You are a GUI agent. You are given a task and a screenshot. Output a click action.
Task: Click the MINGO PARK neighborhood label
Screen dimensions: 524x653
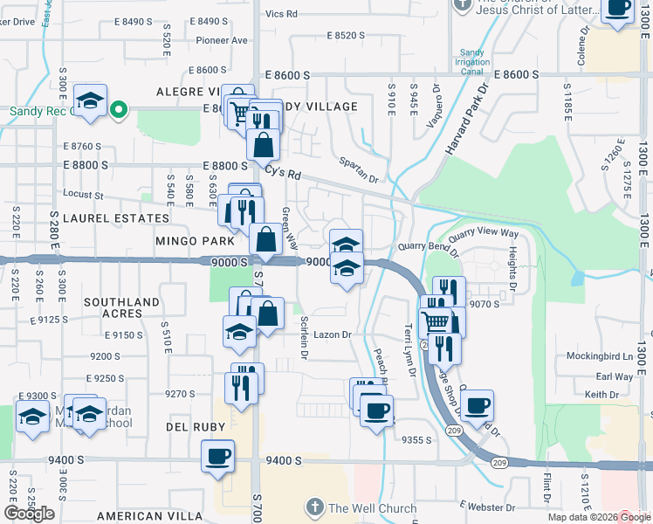click(196, 240)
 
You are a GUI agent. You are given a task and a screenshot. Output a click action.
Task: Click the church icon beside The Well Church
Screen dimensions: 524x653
click(314, 507)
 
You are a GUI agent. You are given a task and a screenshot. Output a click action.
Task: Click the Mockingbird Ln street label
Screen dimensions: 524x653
click(598, 356)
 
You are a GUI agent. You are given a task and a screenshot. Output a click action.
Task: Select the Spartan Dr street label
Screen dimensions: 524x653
click(360, 170)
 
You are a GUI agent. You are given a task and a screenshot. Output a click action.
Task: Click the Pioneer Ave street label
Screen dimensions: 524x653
click(222, 40)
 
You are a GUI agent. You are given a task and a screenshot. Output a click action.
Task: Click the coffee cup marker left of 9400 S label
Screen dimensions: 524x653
click(218, 455)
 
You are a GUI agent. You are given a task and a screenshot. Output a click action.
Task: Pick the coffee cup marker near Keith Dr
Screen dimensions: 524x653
click(478, 405)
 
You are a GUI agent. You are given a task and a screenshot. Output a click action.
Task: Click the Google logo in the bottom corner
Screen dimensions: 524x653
click(30, 514)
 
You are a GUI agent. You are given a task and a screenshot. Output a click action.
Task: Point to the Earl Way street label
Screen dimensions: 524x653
click(614, 376)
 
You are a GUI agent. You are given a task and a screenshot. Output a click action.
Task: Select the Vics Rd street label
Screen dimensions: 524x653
click(281, 14)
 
